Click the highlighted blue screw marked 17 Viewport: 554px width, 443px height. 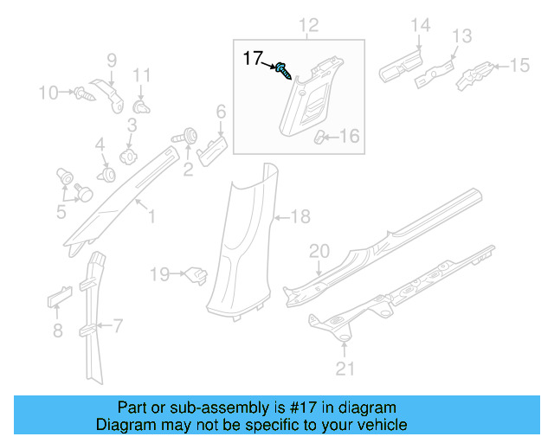(x=283, y=70)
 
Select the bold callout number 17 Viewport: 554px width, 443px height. (x=252, y=58)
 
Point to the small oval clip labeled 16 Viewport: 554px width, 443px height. (x=320, y=137)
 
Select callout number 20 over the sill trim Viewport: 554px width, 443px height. (x=319, y=252)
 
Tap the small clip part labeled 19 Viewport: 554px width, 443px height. (x=196, y=276)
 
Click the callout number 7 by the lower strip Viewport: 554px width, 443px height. (x=118, y=326)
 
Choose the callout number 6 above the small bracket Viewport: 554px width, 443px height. (x=221, y=111)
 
